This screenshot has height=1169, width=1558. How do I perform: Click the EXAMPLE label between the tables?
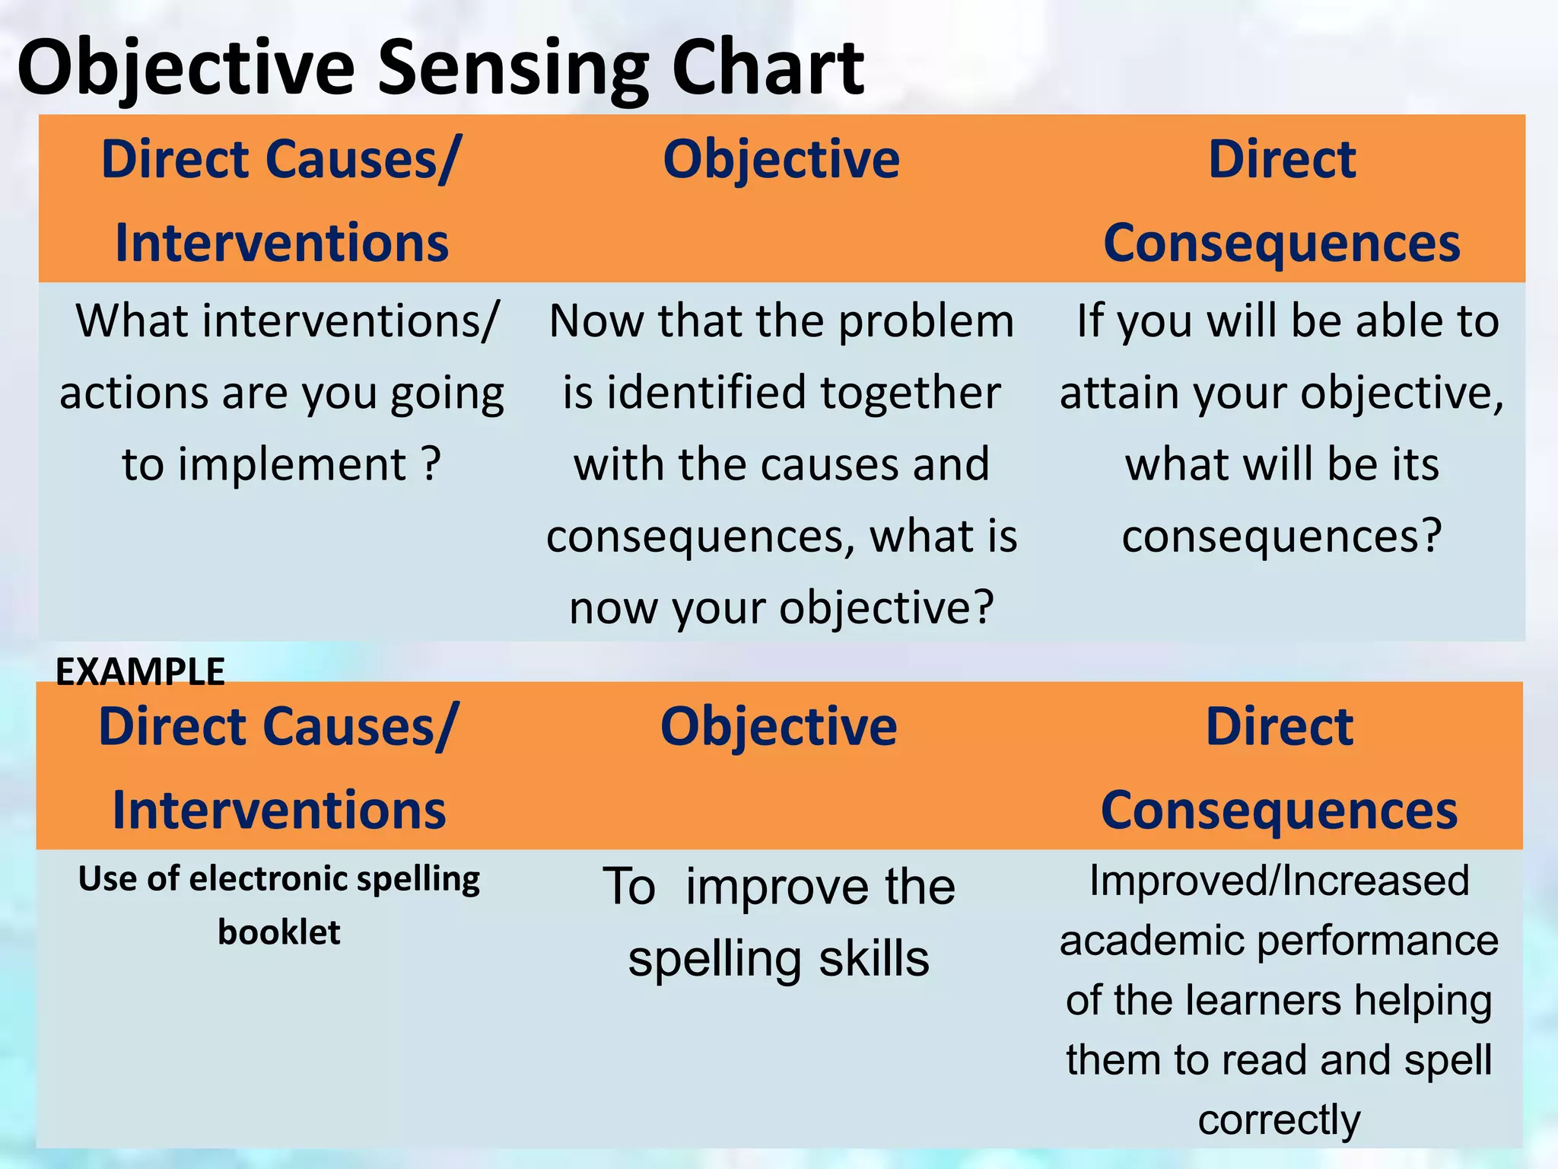[x=140, y=672]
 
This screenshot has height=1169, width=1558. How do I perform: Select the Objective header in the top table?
[x=781, y=160]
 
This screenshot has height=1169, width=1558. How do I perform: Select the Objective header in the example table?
[x=778, y=727]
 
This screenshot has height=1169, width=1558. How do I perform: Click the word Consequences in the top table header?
[x=1281, y=244]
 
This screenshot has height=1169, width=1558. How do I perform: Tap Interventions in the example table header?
[x=279, y=811]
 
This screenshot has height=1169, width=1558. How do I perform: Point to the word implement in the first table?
[x=293, y=464]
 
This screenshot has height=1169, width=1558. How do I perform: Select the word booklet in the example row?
[x=279, y=932]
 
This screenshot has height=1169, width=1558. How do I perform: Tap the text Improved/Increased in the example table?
[x=1279, y=881]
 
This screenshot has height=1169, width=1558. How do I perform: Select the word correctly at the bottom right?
[x=1279, y=1120]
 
